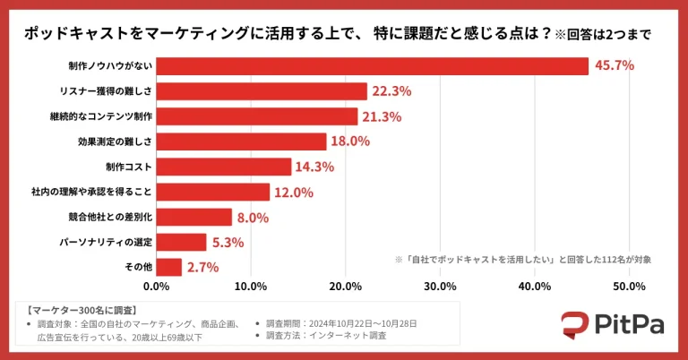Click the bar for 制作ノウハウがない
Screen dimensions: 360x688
click(x=372, y=66)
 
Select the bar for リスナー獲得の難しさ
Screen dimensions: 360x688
click(x=262, y=91)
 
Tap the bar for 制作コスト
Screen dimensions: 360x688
click(x=224, y=167)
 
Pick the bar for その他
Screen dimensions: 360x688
click(x=169, y=267)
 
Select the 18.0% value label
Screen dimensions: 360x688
click(x=351, y=141)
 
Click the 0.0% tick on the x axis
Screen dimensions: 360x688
click(x=157, y=287)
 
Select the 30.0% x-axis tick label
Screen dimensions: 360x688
click(x=440, y=287)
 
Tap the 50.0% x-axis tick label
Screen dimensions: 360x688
click(x=629, y=287)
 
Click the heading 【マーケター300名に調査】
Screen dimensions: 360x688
click(x=73, y=308)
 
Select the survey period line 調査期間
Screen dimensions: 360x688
click(x=337, y=322)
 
